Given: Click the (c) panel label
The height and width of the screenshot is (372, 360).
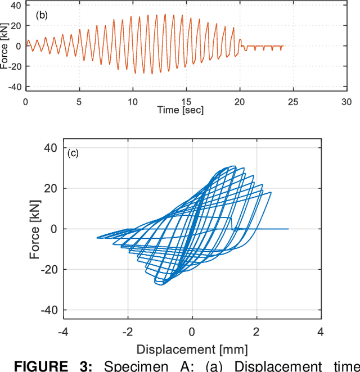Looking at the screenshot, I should point(73,153).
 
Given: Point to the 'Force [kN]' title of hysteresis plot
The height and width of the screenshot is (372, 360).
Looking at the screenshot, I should point(34,229).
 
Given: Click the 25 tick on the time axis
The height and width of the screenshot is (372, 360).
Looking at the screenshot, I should point(293,102).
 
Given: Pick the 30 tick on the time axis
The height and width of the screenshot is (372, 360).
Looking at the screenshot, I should point(346,102).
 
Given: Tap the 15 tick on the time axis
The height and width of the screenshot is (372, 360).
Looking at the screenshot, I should point(186,102).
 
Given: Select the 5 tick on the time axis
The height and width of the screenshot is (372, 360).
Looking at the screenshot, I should point(79,102).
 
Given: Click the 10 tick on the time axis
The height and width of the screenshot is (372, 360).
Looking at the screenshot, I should point(132,102).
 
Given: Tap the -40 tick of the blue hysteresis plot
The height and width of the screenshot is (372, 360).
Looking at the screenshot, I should point(49,310).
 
